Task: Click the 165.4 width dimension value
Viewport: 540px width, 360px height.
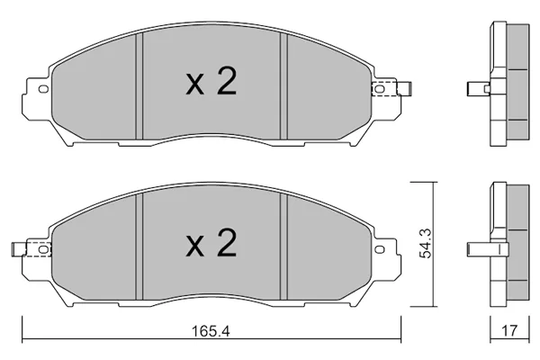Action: pos(211,331)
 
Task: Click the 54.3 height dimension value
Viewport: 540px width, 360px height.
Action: pos(427,245)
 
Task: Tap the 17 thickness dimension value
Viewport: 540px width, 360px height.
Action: pos(509,330)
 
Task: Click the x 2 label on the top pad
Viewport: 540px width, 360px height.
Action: pos(211,82)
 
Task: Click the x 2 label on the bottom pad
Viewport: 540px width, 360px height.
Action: pos(211,244)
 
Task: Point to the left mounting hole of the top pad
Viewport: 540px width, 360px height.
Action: pos(43,89)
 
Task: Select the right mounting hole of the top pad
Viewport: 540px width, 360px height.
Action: pos(379,89)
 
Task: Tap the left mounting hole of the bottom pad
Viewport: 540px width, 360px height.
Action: pos(43,249)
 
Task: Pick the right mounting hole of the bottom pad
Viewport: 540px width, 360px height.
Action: pos(380,249)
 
